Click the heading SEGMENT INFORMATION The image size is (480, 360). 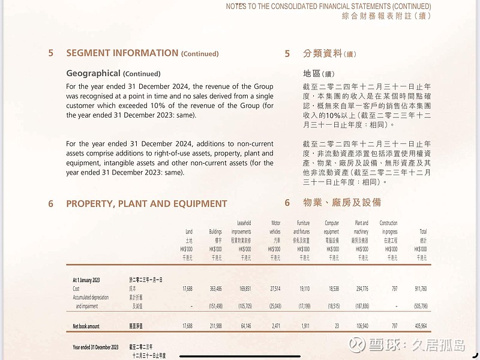point(122,53)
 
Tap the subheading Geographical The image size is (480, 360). point(93,73)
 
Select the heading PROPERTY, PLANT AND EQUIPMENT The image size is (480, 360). point(146,203)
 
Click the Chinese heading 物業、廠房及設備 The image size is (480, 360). point(341,203)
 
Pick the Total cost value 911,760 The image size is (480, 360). point(420,289)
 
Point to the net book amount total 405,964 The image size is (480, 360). point(420,326)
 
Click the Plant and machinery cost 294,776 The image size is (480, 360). point(361,289)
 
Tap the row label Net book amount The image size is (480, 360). point(86,326)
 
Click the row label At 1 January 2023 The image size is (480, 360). point(86,280)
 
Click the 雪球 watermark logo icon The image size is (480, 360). point(358,344)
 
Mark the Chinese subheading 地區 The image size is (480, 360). point(313,74)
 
